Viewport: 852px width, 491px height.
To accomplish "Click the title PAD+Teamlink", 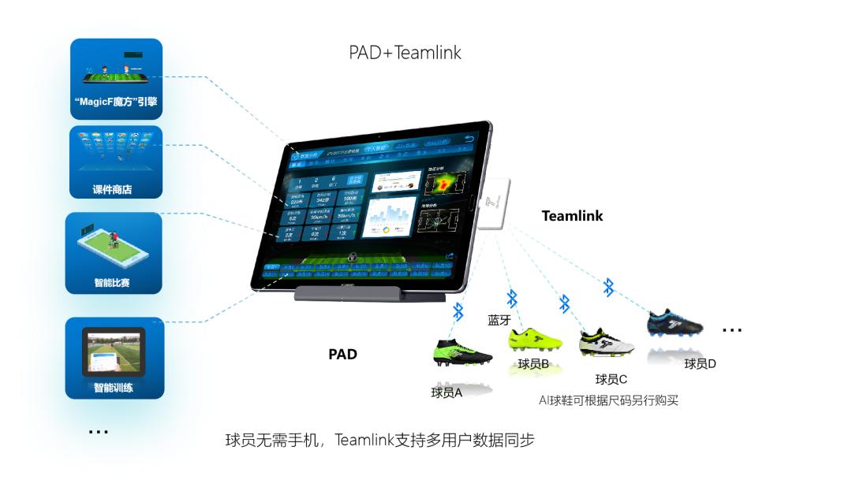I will (x=405, y=53).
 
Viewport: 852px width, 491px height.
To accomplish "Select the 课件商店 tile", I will (x=116, y=162).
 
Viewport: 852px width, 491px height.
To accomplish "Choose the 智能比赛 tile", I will (x=114, y=252).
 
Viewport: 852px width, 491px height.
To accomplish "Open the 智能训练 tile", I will (x=115, y=358).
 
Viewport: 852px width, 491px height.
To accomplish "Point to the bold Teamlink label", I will (x=572, y=216).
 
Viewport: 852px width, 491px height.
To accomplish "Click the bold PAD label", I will (x=342, y=355).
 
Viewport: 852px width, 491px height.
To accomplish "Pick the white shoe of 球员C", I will (x=607, y=343).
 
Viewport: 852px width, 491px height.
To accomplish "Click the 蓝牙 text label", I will (x=500, y=320).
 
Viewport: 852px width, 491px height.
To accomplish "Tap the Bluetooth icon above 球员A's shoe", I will (x=458, y=312).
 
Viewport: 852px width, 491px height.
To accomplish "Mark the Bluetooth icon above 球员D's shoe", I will (x=608, y=288).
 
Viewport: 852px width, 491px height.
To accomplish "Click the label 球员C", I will (x=611, y=380).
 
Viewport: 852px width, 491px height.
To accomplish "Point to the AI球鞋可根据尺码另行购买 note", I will (x=608, y=400).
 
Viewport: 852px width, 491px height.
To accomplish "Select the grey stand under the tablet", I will (x=369, y=295).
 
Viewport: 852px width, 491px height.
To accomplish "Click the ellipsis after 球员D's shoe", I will (x=732, y=330).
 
